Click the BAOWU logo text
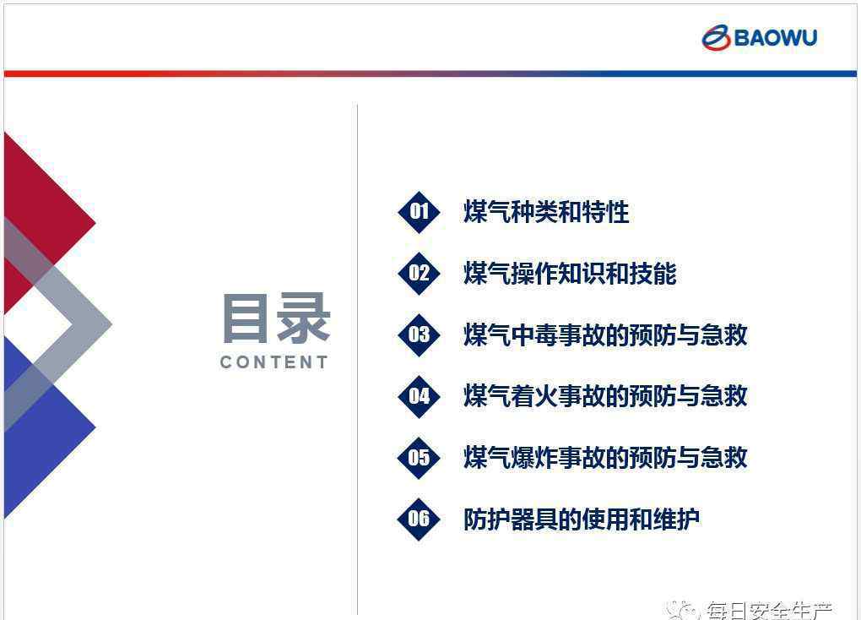click(776, 38)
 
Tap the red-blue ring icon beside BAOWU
click(716, 37)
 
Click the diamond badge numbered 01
click(419, 212)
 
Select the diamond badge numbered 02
click(419, 274)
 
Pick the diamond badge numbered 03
click(419, 335)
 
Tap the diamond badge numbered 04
click(419, 397)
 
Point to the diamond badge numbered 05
click(419, 458)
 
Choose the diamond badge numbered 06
click(419, 519)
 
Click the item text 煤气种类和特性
click(546, 212)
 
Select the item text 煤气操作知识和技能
click(570, 274)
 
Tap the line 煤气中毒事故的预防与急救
click(606, 335)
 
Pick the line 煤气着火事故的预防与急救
click(606, 397)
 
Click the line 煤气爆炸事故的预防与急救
click(606, 458)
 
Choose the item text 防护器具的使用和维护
click(582, 519)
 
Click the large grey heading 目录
click(276, 318)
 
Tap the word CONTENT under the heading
click(274, 362)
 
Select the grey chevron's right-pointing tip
click(111, 324)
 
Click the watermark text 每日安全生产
click(769, 611)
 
